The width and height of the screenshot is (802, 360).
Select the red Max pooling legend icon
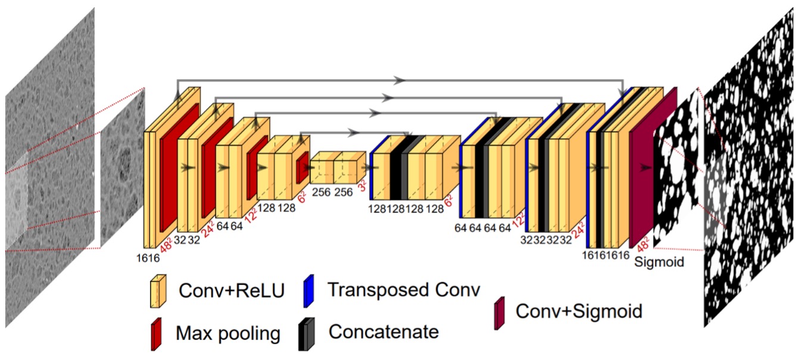(157, 331)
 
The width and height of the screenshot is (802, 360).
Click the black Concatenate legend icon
(308, 332)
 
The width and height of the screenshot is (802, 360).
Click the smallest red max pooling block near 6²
(302, 168)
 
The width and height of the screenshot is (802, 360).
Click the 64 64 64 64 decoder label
(483, 228)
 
